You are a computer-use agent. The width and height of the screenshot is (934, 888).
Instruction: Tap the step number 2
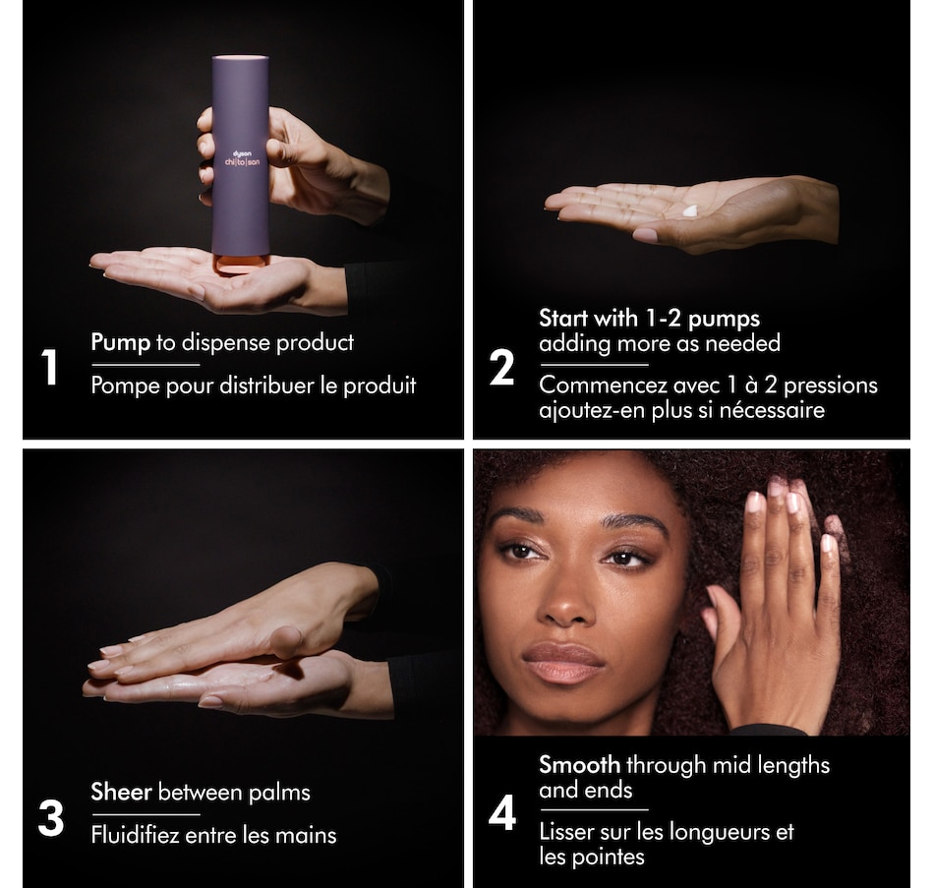pos(501,369)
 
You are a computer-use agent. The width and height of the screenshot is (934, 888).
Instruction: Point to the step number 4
pos(502,814)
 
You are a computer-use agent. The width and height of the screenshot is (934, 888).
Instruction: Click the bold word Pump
pos(120,342)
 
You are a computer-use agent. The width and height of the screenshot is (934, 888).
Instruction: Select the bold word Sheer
pos(121,792)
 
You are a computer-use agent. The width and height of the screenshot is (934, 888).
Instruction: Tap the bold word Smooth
pos(579,764)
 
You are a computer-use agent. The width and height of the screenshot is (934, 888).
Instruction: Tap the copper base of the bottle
pos(240,264)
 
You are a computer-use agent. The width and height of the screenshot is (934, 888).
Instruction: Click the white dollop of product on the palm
pos(689,210)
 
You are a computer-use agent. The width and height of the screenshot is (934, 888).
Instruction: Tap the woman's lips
pos(562,663)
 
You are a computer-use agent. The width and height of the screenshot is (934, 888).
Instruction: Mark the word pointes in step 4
pos(610,857)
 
